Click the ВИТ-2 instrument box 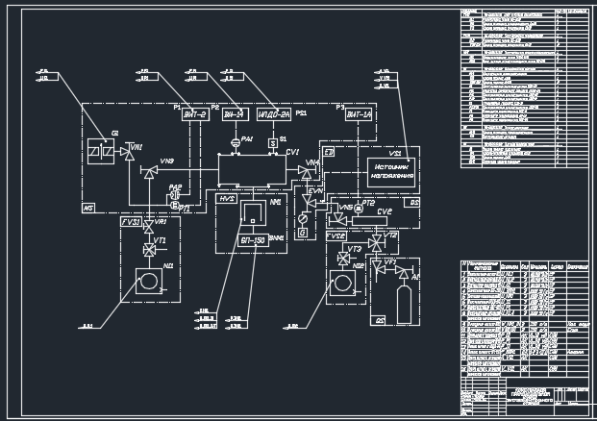[x=196, y=115]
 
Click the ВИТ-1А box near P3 [x=358, y=115]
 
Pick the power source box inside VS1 [x=390, y=171]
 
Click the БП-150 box [x=252, y=241]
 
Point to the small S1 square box [x=272, y=143]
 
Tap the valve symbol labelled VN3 [x=149, y=172]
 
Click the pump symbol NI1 [x=149, y=283]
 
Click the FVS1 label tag [x=131, y=222]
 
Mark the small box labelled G [x=303, y=232]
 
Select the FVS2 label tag [x=336, y=235]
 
